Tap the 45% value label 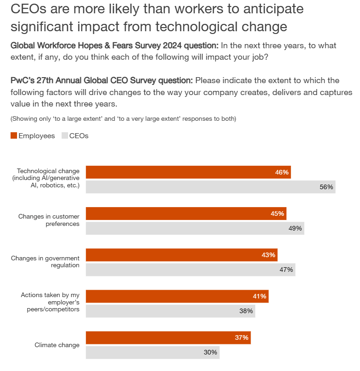pos(278,214)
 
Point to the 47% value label pos(286,270)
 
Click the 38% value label pos(246,311)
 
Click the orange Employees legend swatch pos(14,135)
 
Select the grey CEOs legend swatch pos(64,135)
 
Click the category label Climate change pos(57,345)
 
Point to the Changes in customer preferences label pos(49,220)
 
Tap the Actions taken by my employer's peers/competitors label pos(50,303)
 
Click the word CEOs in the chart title pos(27,9)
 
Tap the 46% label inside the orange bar pos(281,172)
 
